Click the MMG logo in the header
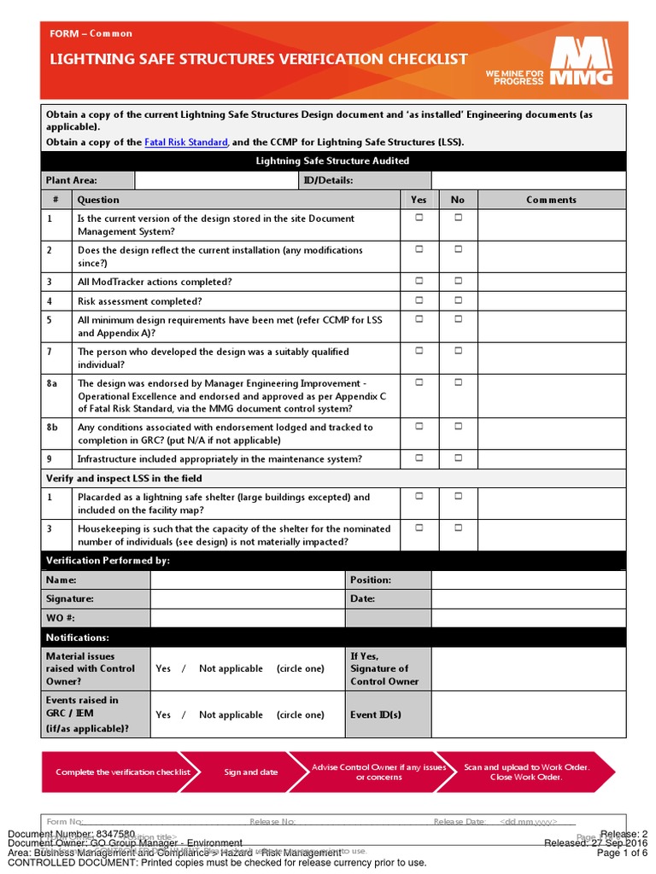pos(581,63)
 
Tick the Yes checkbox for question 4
pos(419,300)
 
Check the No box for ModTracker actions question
pos(458,281)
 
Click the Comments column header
pos(551,200)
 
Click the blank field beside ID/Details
pos(528,180)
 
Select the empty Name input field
pos(247,580)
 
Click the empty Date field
pos(528,599)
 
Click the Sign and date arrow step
pos(250,772)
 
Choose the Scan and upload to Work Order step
pos(526,772)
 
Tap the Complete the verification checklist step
pos(122,772)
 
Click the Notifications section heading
pos(78,638)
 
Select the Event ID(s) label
pos(375,715)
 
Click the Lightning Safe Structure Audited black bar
pos(334,160)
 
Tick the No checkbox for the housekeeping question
pos(458,527)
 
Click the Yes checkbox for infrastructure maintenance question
pos(419,457)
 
